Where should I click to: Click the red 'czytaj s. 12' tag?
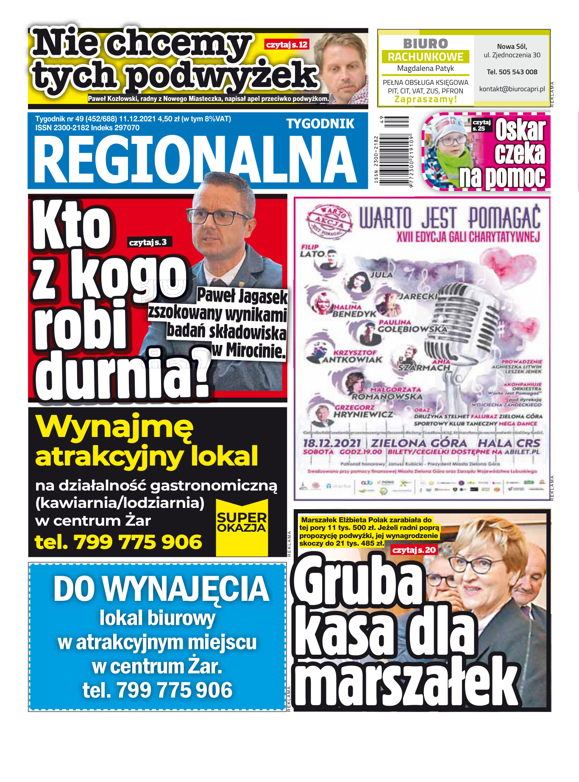pos(287,45)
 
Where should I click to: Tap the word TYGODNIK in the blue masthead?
pos(320,124)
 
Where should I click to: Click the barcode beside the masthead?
pos(394,151)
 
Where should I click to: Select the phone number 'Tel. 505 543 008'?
pos(512,72)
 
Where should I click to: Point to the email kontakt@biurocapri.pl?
pos(512,89)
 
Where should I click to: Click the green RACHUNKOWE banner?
pos(426,57)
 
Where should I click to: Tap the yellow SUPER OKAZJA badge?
pos(242,523)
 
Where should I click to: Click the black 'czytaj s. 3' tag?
pos(148,242)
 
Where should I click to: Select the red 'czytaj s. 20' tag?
pos(414,550)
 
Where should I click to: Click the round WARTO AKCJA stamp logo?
pos(330,220)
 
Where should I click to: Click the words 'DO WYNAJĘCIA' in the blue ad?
pos(161,589)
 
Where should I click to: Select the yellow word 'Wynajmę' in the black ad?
pos(114,426)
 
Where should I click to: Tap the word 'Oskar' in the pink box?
pos(520,130)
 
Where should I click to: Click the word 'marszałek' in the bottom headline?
pos(407,683)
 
